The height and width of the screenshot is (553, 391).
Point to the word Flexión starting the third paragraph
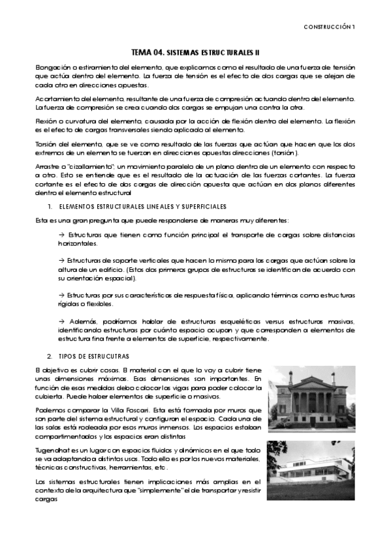[x=45, y=121]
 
